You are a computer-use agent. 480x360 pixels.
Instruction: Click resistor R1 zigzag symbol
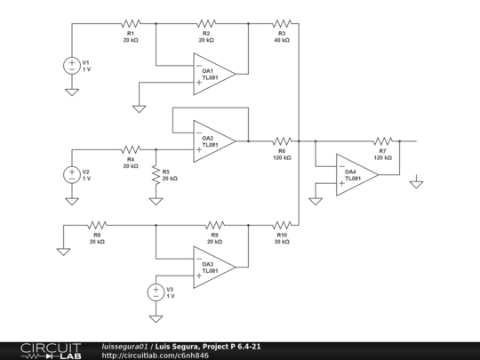[131, 24]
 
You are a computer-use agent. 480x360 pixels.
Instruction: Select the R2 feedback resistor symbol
[206, 24]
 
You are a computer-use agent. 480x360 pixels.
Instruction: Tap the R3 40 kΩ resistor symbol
[282, 24]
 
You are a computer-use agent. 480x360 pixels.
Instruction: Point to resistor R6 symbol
[282, 140]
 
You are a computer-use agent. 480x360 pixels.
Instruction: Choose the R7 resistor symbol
[382, 140]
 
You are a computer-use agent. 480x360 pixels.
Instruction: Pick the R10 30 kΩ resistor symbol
[282, 226]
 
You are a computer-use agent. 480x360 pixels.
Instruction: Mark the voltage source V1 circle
[71, 65]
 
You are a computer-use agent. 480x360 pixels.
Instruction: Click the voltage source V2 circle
[71, 175]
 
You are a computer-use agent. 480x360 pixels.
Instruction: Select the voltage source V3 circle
[156, 292]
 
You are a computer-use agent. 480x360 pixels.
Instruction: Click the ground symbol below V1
[71, 91]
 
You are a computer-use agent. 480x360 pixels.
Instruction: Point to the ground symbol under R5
[156, 200]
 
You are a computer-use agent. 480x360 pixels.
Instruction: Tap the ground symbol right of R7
[415, 184]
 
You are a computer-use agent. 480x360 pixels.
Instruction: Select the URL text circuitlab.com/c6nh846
[156, 356]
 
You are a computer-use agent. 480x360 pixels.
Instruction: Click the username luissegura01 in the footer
[125, 346]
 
